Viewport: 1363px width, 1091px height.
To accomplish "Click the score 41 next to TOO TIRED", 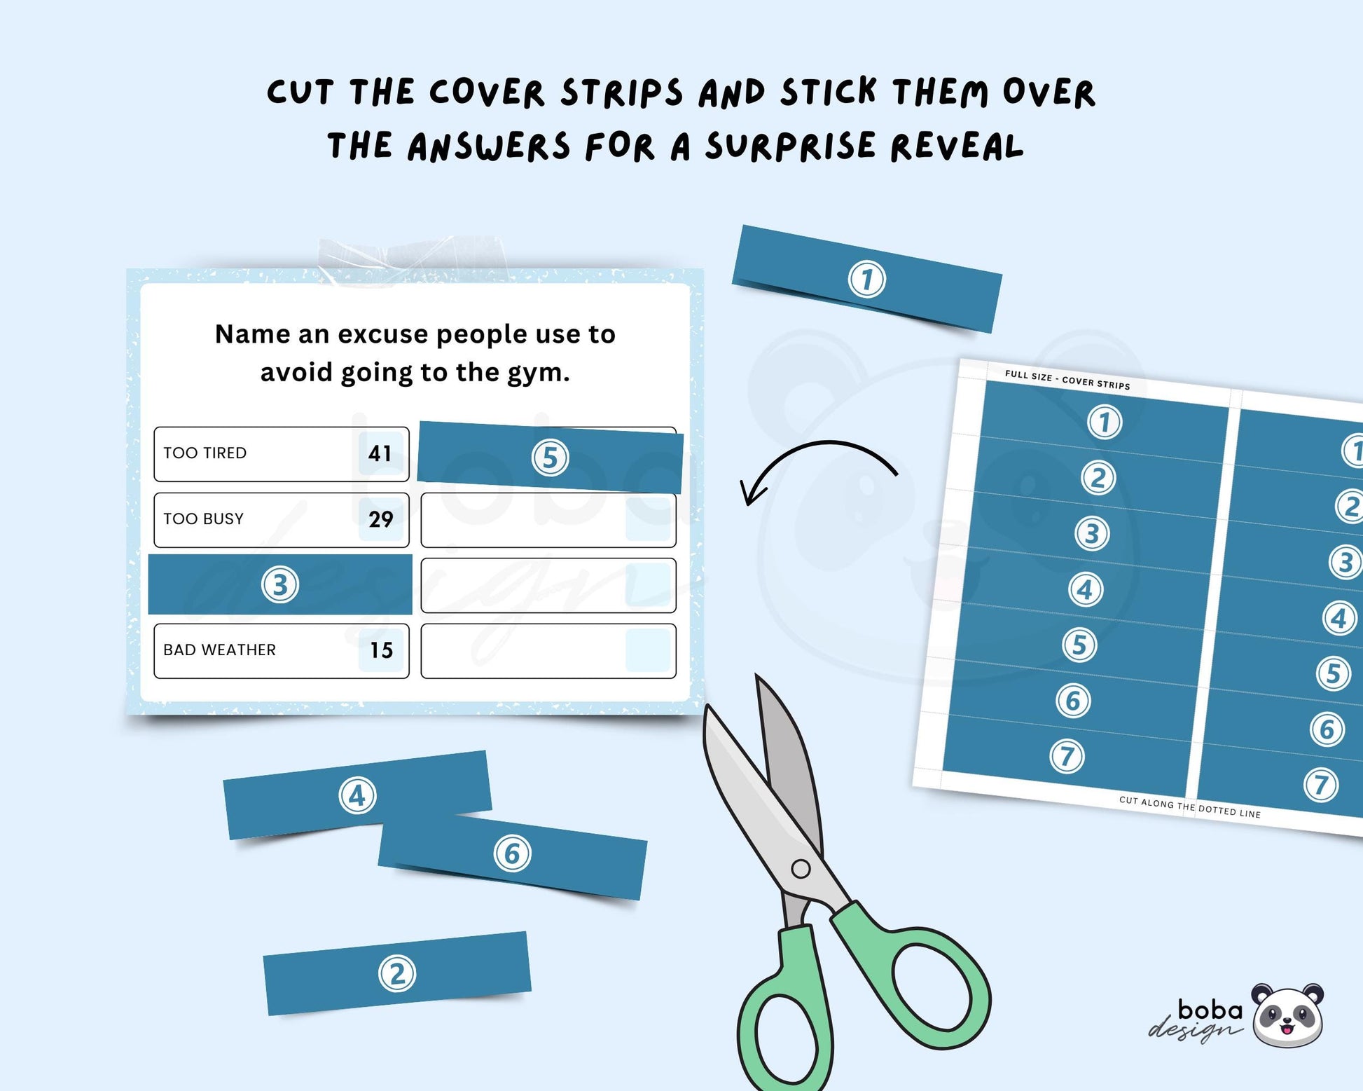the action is coord(380,453).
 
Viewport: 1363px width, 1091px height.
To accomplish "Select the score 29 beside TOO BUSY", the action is coord(380,519).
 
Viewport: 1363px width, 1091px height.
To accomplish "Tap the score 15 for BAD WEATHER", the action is coord(381,650).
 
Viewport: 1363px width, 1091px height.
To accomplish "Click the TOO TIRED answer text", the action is coord(205,453).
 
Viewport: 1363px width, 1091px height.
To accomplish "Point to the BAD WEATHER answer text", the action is coord(219,650).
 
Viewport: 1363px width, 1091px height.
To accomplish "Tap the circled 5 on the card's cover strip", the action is coord(551,458).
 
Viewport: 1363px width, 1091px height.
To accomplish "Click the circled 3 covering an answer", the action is coord(280,584).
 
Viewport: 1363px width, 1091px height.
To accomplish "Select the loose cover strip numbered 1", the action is coord(867,279).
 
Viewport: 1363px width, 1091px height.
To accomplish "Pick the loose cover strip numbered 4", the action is coord(357,795).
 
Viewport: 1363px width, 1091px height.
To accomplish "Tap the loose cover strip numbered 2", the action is coord(397,973).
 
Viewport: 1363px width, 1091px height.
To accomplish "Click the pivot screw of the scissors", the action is coord(801,870).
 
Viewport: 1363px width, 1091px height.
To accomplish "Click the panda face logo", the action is coord(1287,1015).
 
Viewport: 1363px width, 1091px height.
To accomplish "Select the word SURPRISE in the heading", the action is coord(790,146).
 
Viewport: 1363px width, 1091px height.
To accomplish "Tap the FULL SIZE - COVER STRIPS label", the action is coord(1067,380).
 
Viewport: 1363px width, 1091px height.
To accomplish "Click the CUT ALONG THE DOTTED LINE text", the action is coord(1189,807).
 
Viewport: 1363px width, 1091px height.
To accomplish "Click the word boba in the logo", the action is coord(1210,1010).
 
